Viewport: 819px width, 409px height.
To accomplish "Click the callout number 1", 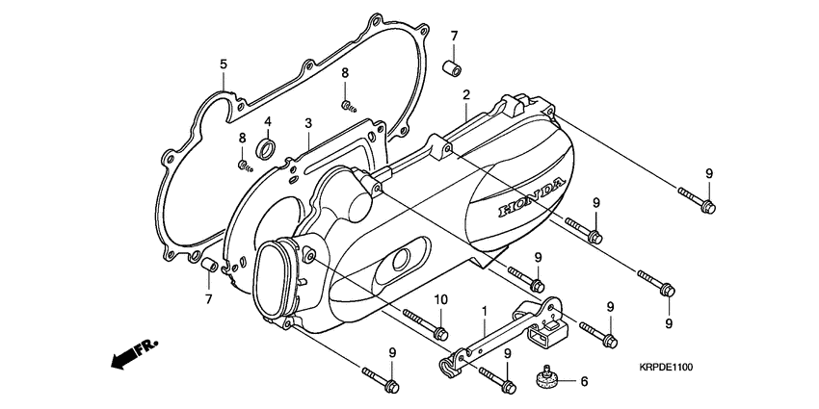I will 485,313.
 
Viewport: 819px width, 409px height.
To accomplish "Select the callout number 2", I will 465,95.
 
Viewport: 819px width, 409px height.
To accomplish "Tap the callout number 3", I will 307,123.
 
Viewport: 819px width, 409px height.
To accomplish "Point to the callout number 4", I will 268,122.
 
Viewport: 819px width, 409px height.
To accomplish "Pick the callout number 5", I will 224,64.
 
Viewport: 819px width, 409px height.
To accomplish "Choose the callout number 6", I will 582,381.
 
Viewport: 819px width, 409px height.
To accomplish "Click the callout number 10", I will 440,299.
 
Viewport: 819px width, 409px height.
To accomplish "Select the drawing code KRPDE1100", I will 666,367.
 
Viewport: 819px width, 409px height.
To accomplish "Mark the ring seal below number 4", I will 267,148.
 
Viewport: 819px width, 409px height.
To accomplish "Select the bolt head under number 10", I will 440,333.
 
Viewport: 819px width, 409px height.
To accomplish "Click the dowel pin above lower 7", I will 207,264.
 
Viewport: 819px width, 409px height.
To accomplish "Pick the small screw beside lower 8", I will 244,165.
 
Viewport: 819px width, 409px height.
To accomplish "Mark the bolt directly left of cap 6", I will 505,384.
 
